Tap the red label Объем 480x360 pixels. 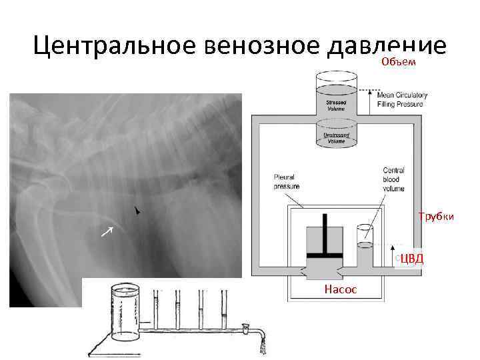(399, 62)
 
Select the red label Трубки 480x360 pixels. (436, 216)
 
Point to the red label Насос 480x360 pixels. (340, 289)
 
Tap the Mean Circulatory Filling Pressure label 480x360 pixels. (403, 99)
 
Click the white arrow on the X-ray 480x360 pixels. (107, 231)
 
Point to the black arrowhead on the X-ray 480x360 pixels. (138, 211)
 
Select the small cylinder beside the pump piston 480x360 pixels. (365, 244)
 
